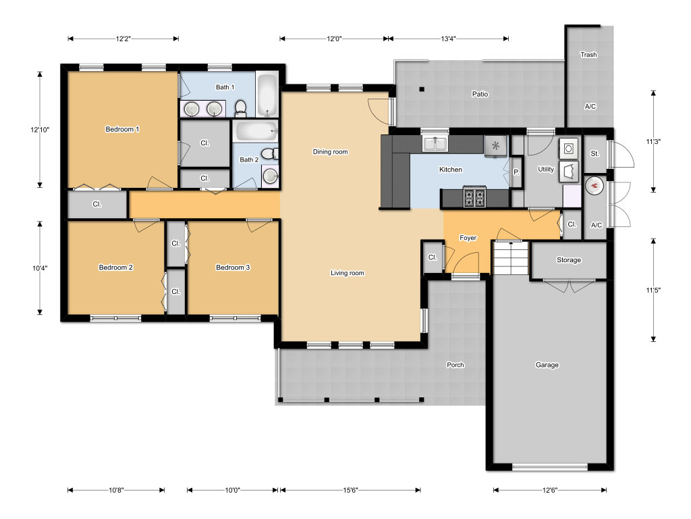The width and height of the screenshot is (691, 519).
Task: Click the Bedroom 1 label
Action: click(x=122, y=129)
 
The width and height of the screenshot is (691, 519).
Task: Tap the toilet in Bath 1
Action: click(x=240, y=107)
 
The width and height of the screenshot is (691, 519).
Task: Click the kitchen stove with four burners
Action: click(x=474, y=197)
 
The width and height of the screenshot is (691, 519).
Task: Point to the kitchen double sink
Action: click(x=435, y=144)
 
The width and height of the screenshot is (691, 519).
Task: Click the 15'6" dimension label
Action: click(x=350, y=490)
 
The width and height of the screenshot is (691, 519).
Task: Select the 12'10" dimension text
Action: click(x=40, y=130)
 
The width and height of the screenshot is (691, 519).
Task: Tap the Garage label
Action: click(x=547, y=365)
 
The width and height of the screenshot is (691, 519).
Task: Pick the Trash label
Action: click(x=588, y=55)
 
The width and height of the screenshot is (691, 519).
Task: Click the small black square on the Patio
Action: click(x=422, y=89)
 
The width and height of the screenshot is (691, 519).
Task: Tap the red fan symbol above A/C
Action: click(x=595, y=186)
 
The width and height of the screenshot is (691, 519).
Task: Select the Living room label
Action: click(x=348, y=273)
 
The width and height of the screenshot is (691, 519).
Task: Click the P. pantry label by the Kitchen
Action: click(x=516, y=172)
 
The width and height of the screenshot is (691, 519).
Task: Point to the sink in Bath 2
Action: click(x=270, y=176)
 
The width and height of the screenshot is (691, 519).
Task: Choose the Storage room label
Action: click(x=568, y=260)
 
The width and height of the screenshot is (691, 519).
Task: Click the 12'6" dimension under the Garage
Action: click(x=549, y=490)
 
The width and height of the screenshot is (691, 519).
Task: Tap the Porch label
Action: click(x=455, y=365)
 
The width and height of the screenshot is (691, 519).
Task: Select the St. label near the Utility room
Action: click(x=595, y=153)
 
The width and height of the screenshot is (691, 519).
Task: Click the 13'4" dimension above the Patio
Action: click(x=448, y=39)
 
